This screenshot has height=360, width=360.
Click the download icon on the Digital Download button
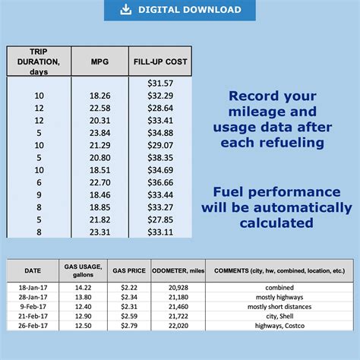(126, 10)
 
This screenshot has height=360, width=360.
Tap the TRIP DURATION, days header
(39, 61)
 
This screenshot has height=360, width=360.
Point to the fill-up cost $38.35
(159, 156)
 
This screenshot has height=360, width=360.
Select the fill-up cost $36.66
(159, 182)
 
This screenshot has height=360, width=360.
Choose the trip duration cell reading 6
(39, 182)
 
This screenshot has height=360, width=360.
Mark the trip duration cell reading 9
(39, 194)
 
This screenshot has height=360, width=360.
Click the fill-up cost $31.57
(159, 83)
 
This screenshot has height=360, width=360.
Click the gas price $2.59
(129, 315)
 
